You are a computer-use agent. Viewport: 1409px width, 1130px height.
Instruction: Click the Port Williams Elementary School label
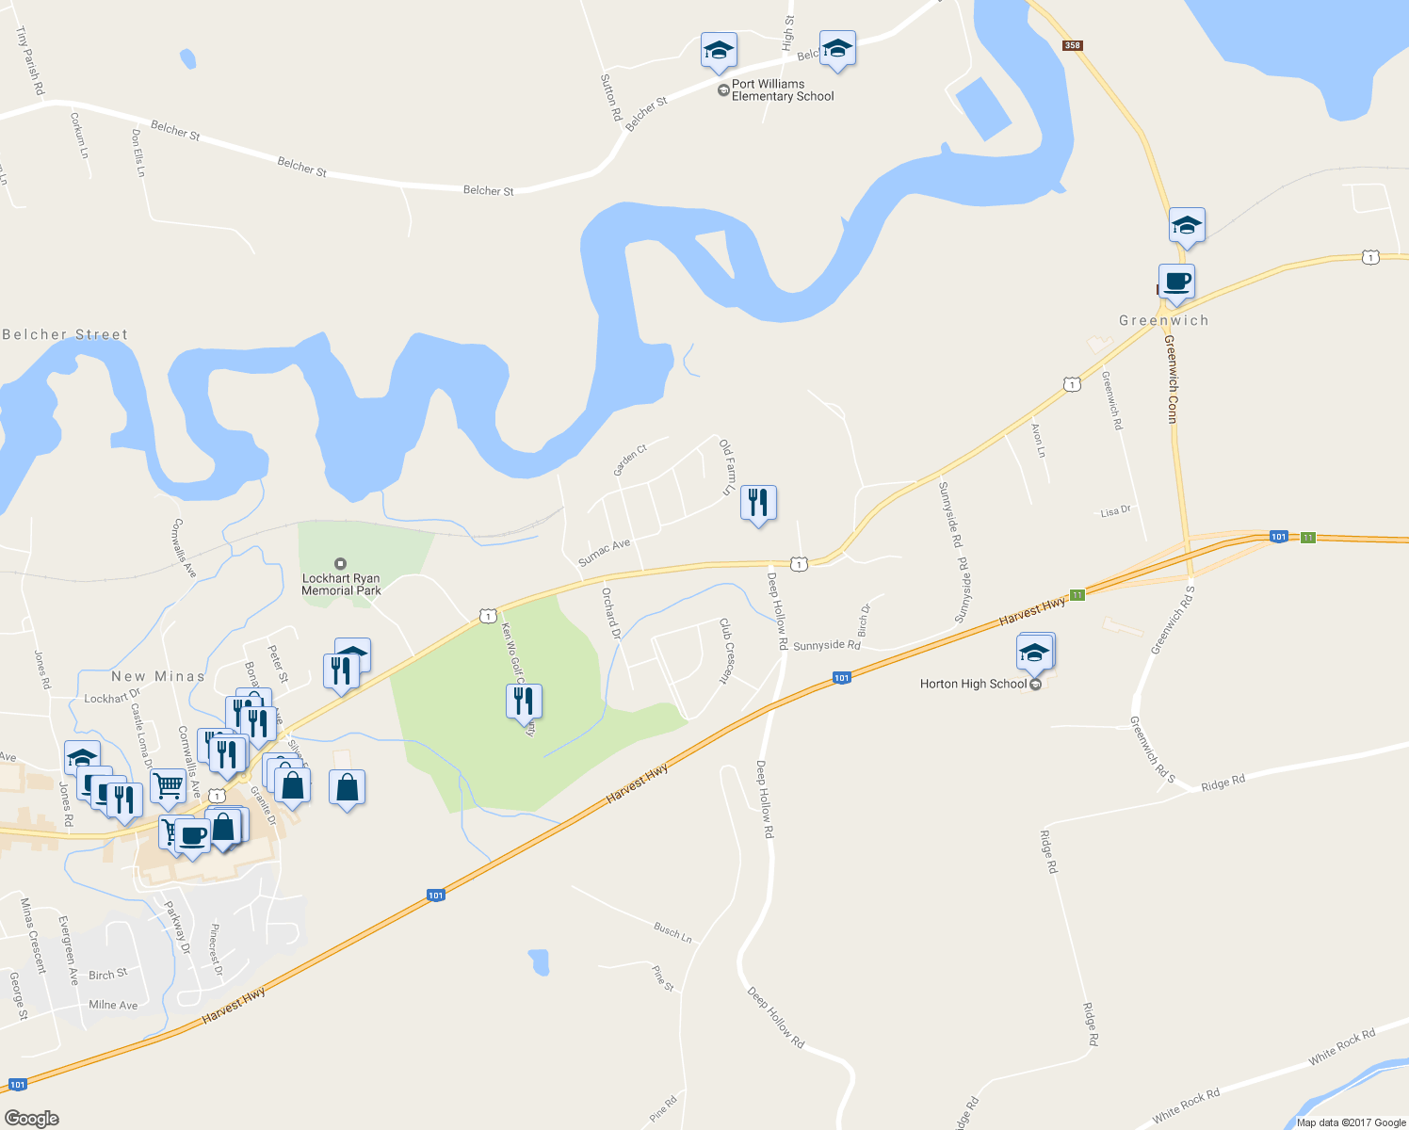(x=782, y=90)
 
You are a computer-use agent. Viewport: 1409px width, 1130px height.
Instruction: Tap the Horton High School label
(x=973, y=684)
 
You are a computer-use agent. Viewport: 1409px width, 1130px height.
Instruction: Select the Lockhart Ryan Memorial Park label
(x=341, y=585)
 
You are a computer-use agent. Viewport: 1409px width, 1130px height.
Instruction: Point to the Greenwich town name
(x=1163, y=321)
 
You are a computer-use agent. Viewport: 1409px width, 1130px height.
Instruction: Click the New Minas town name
(x=157, y=676)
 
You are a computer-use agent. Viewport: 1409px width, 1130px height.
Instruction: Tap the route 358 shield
(x=1072, y=45)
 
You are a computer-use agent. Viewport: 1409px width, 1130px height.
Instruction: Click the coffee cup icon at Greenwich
(x=1176, y=281)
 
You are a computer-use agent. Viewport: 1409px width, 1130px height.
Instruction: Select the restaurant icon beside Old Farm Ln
(x=758, y=503)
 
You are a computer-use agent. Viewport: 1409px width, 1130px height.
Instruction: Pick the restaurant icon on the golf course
(x=524, y=702)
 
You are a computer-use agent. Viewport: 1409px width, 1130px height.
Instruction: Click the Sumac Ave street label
(x=604, y=553)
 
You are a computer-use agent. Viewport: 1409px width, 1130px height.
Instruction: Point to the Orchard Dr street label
(x=611, y=614)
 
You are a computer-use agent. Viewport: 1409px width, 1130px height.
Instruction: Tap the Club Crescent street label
(x=725, y=650)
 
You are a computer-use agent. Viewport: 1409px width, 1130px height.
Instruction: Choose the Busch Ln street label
(x=672, y=932)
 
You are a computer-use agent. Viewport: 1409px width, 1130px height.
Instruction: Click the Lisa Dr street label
(x=1115, y=511)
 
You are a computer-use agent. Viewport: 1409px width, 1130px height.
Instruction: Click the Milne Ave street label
(x=113, y=1005)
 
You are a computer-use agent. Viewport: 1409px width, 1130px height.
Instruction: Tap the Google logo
(x=31, y=1118)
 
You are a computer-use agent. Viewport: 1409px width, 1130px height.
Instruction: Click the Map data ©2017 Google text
(x=1351, y=1122)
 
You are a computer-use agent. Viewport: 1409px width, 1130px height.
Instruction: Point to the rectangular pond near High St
(x=983, y=108)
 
